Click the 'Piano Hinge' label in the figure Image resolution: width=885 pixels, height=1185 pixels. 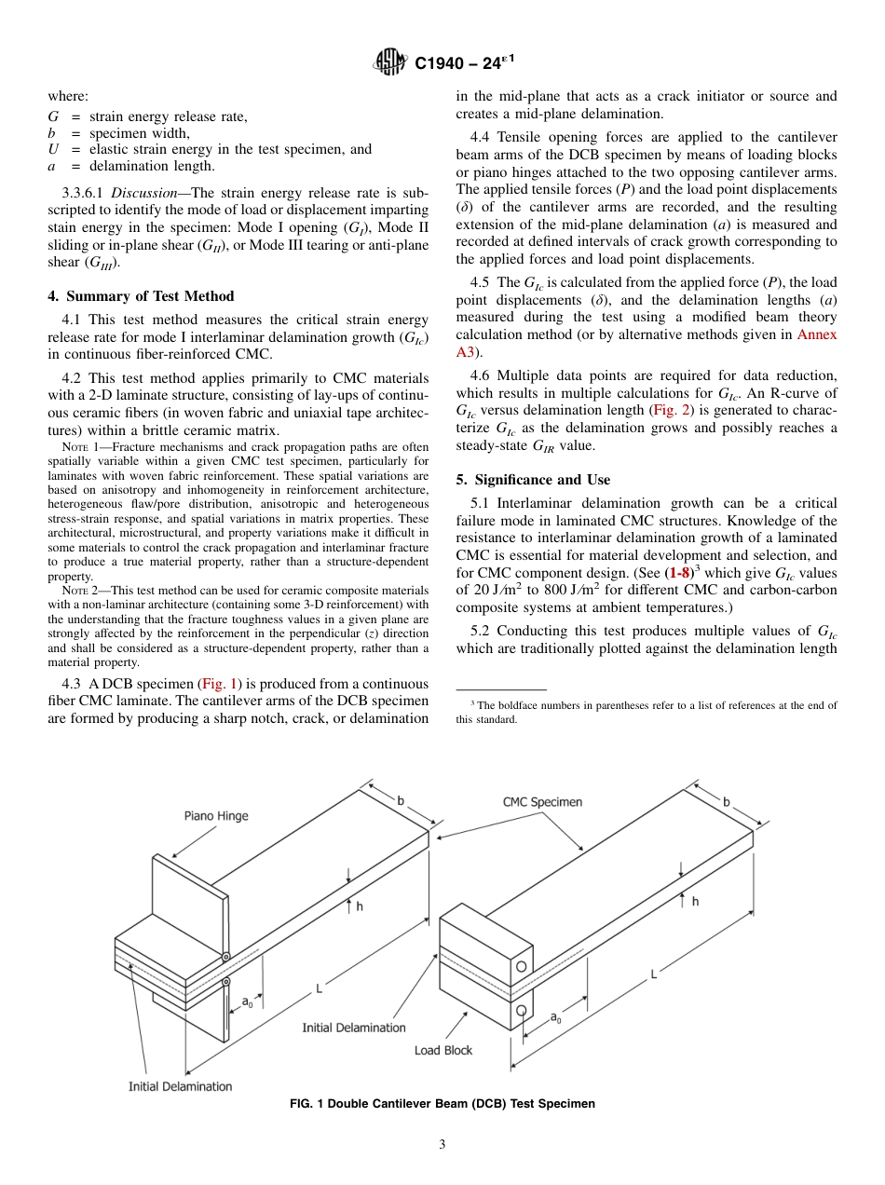coord(215,816)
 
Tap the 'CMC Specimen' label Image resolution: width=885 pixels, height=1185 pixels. coord(542,801)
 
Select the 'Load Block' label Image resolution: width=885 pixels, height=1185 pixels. coord(443,1050)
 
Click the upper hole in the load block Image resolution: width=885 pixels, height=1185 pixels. coord(523,967)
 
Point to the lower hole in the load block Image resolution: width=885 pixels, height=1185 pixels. coord(523,1010)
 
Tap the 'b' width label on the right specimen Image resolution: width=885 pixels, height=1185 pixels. coord(726,801)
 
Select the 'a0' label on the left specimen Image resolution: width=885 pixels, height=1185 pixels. coord(247,1002)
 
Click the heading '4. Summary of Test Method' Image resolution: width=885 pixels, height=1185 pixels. coord(141,296)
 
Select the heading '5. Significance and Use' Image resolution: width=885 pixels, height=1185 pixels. coord(533,480)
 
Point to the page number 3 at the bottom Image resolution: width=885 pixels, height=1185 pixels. coord(442,1145)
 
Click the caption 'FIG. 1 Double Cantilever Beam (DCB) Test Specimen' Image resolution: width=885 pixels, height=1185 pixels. coord(442,1104)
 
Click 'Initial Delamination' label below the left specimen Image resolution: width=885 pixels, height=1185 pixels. coord(180,1086)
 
